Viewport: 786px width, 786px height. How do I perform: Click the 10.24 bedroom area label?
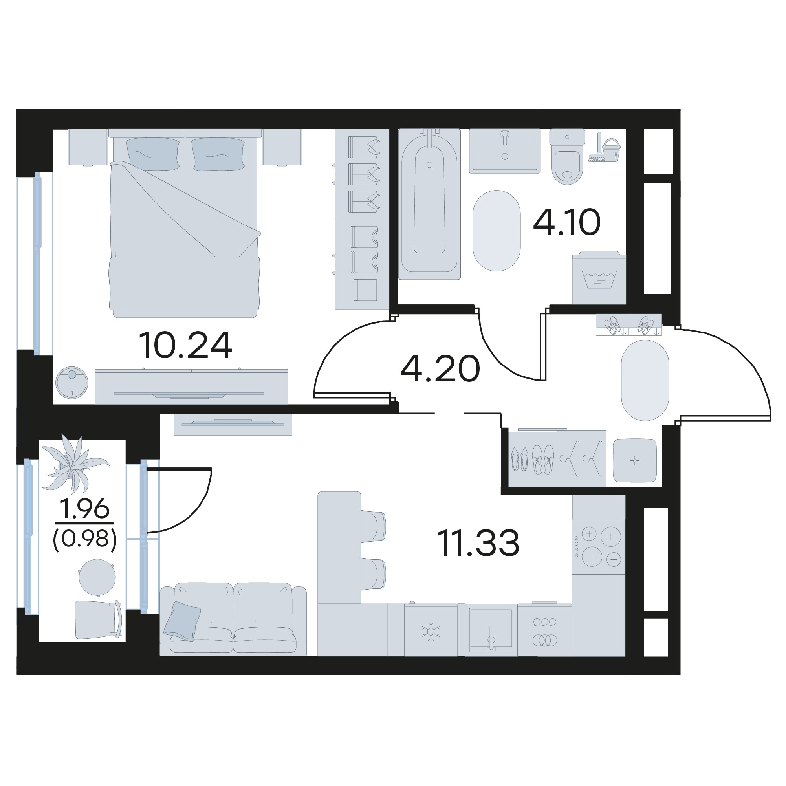coord(185,345)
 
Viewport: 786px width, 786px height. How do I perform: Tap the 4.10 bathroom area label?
coord(567,222)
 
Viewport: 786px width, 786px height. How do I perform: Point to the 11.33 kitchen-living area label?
coord(478,543)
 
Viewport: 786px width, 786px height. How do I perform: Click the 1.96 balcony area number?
coord(84,509)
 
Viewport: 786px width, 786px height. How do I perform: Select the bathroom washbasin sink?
coord(504,151)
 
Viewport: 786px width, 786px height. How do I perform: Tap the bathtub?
coord(429,204)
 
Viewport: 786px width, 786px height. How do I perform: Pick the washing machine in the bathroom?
coord(599,278)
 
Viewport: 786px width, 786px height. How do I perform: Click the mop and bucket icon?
coord(605,147)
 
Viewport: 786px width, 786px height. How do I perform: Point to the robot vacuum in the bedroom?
coord(71,383)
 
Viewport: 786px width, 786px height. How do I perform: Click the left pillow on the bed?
coord(153,154)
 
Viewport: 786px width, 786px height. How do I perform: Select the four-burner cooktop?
coord(599,546)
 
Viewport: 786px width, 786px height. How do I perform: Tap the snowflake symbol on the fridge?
coord(431,632)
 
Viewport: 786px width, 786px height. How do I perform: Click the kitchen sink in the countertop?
coord(491,629)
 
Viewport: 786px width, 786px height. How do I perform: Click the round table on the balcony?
coord(97,577)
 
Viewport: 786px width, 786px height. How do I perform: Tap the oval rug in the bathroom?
coord(497,231)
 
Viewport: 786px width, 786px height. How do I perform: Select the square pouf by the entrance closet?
coord(635,460)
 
